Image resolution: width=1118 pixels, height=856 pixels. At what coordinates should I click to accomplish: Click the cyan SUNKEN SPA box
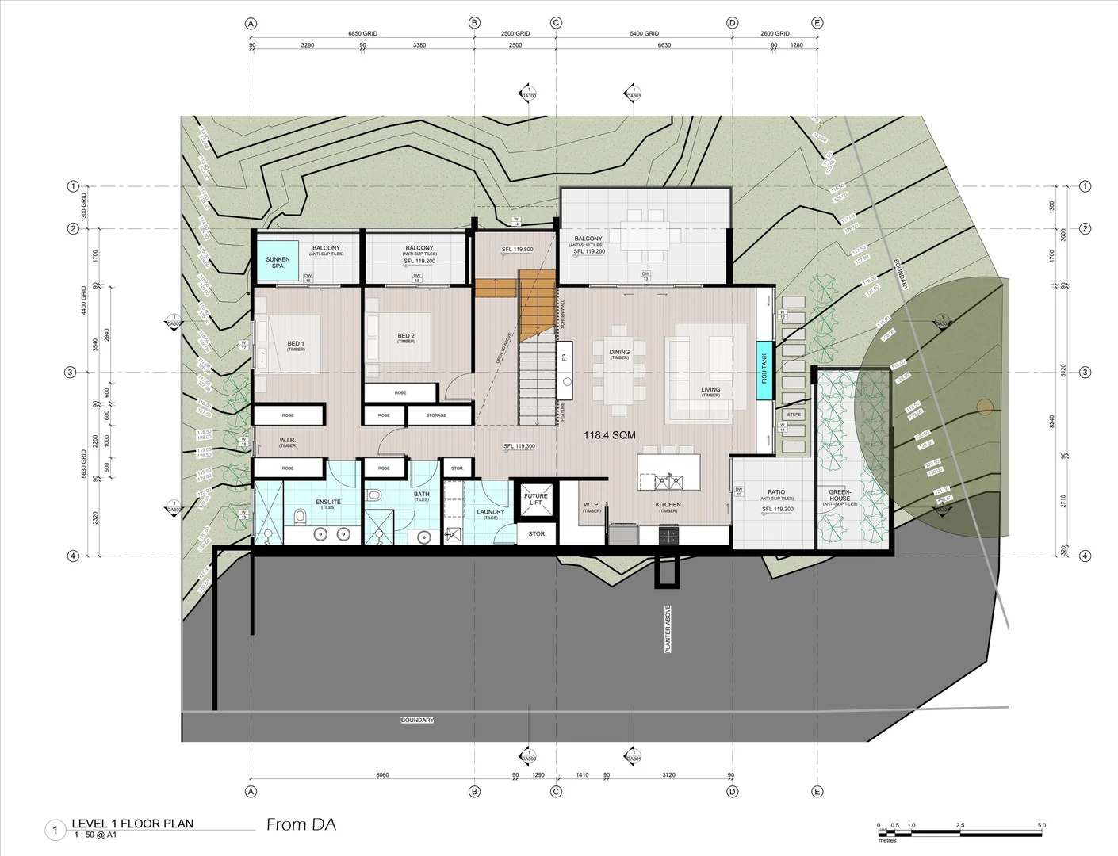278,260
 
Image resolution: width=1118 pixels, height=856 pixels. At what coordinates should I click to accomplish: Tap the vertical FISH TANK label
764,369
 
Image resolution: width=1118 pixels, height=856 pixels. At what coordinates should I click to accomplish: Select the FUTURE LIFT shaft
536,499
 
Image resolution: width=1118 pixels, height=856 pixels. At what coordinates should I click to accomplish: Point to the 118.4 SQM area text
611,435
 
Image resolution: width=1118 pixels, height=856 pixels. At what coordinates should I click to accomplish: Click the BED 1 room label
296,345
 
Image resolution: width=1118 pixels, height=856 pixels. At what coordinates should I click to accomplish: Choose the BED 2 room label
406,337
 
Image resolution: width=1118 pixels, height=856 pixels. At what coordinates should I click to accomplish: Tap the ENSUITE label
328,503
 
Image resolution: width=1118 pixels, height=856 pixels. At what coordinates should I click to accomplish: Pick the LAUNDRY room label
491,513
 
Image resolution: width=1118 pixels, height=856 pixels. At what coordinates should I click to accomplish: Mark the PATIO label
776,493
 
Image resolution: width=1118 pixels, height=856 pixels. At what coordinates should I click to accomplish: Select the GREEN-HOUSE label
840,495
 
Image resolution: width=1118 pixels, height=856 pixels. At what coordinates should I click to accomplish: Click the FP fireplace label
565,357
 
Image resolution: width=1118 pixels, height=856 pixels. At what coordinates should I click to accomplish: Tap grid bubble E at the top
817,23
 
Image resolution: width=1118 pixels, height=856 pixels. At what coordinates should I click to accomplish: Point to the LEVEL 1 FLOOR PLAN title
132,824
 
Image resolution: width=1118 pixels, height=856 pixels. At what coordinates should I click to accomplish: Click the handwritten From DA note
301,824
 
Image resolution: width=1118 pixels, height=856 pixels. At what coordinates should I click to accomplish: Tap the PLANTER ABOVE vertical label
668,630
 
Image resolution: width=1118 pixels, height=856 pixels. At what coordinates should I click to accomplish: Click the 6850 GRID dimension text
362,33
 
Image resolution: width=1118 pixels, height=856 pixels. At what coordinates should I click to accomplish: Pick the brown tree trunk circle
985,407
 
